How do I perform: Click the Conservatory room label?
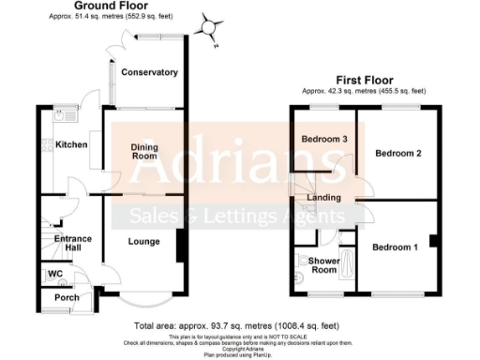149,72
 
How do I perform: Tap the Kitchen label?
71,144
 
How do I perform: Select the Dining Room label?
142,150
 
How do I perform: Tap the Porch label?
67,298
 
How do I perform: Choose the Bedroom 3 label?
324,140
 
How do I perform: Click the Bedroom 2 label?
397,153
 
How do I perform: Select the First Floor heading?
364,80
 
